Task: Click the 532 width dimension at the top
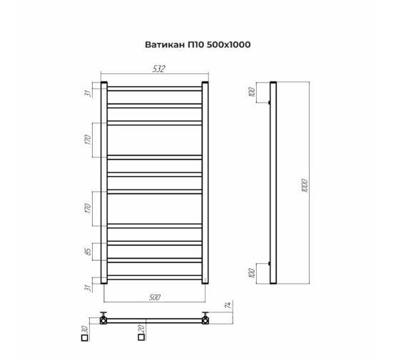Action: point(158,68)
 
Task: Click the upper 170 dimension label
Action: point(88,140)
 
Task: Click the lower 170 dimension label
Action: point(88,208)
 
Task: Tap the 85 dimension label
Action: point(88,251)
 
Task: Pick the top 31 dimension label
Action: point(88,93)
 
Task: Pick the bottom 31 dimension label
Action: point(88,287)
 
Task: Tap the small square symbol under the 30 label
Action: point(84,339)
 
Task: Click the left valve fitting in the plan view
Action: point(104,319)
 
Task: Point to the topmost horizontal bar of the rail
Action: point(156,88)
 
